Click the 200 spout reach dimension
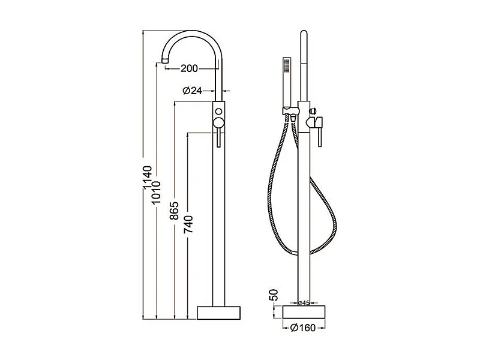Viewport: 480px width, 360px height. [x=189, y=68]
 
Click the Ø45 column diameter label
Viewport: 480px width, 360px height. [x=304, y=303]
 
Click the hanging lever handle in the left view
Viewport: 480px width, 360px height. [x=219, y=139]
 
